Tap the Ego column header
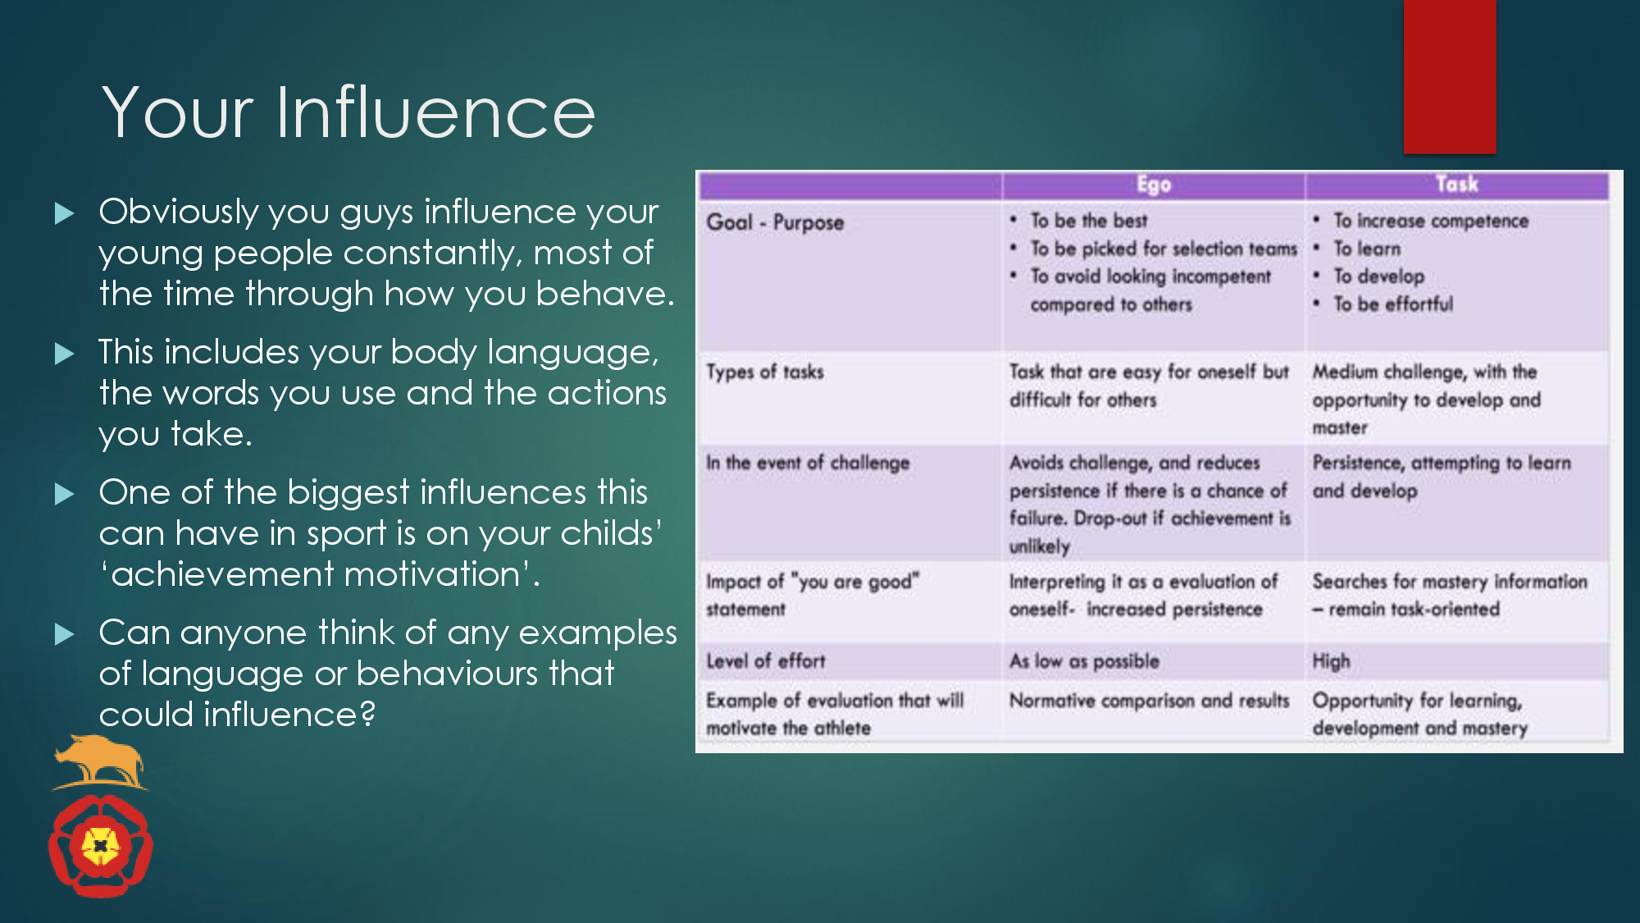[x=1154, y=185]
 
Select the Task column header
[x=1457, y=184]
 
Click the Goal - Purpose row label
[x=775, y=222]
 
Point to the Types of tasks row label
[x=765, y=372]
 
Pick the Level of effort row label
[x=766, y=660]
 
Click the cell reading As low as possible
[x=1084, y=660]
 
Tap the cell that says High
[x=1331, y=661]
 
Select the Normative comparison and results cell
[x=1149, y=701]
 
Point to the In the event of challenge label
[x=808, y=463]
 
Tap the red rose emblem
[x=101, y=845]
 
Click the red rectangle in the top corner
[x=1450, y=76]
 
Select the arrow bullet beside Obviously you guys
[x=64, y=213]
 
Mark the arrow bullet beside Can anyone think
[x=64, y=634]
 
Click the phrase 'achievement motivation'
[x=319, y=574]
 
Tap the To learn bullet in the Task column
[x=1367, y=249]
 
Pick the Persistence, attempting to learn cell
[x=1442, y=477]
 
